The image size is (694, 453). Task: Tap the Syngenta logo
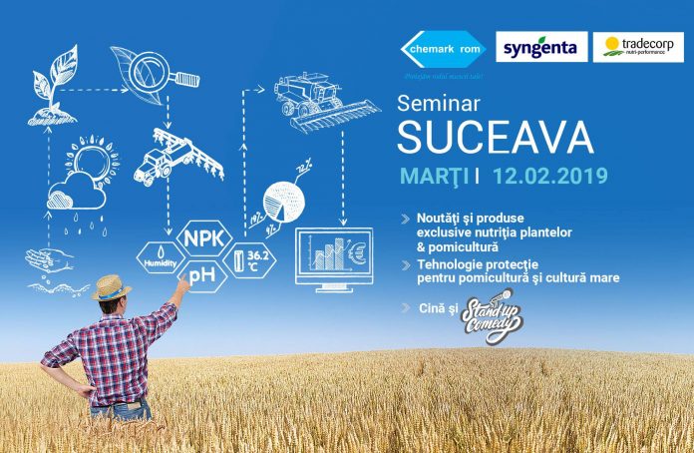(x=542, y=47)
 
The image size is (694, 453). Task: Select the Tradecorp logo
(x=638, y=47)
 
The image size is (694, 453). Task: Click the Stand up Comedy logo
(x=489, y=316)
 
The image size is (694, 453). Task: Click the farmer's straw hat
(x=111, y=286)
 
